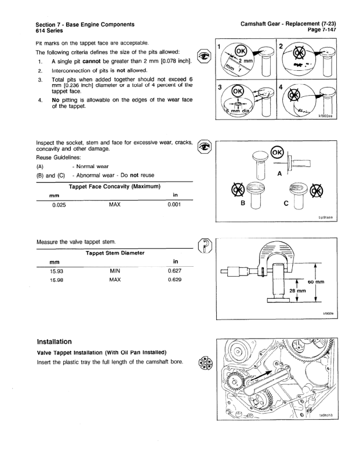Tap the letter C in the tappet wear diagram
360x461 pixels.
(x=286, y=203)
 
